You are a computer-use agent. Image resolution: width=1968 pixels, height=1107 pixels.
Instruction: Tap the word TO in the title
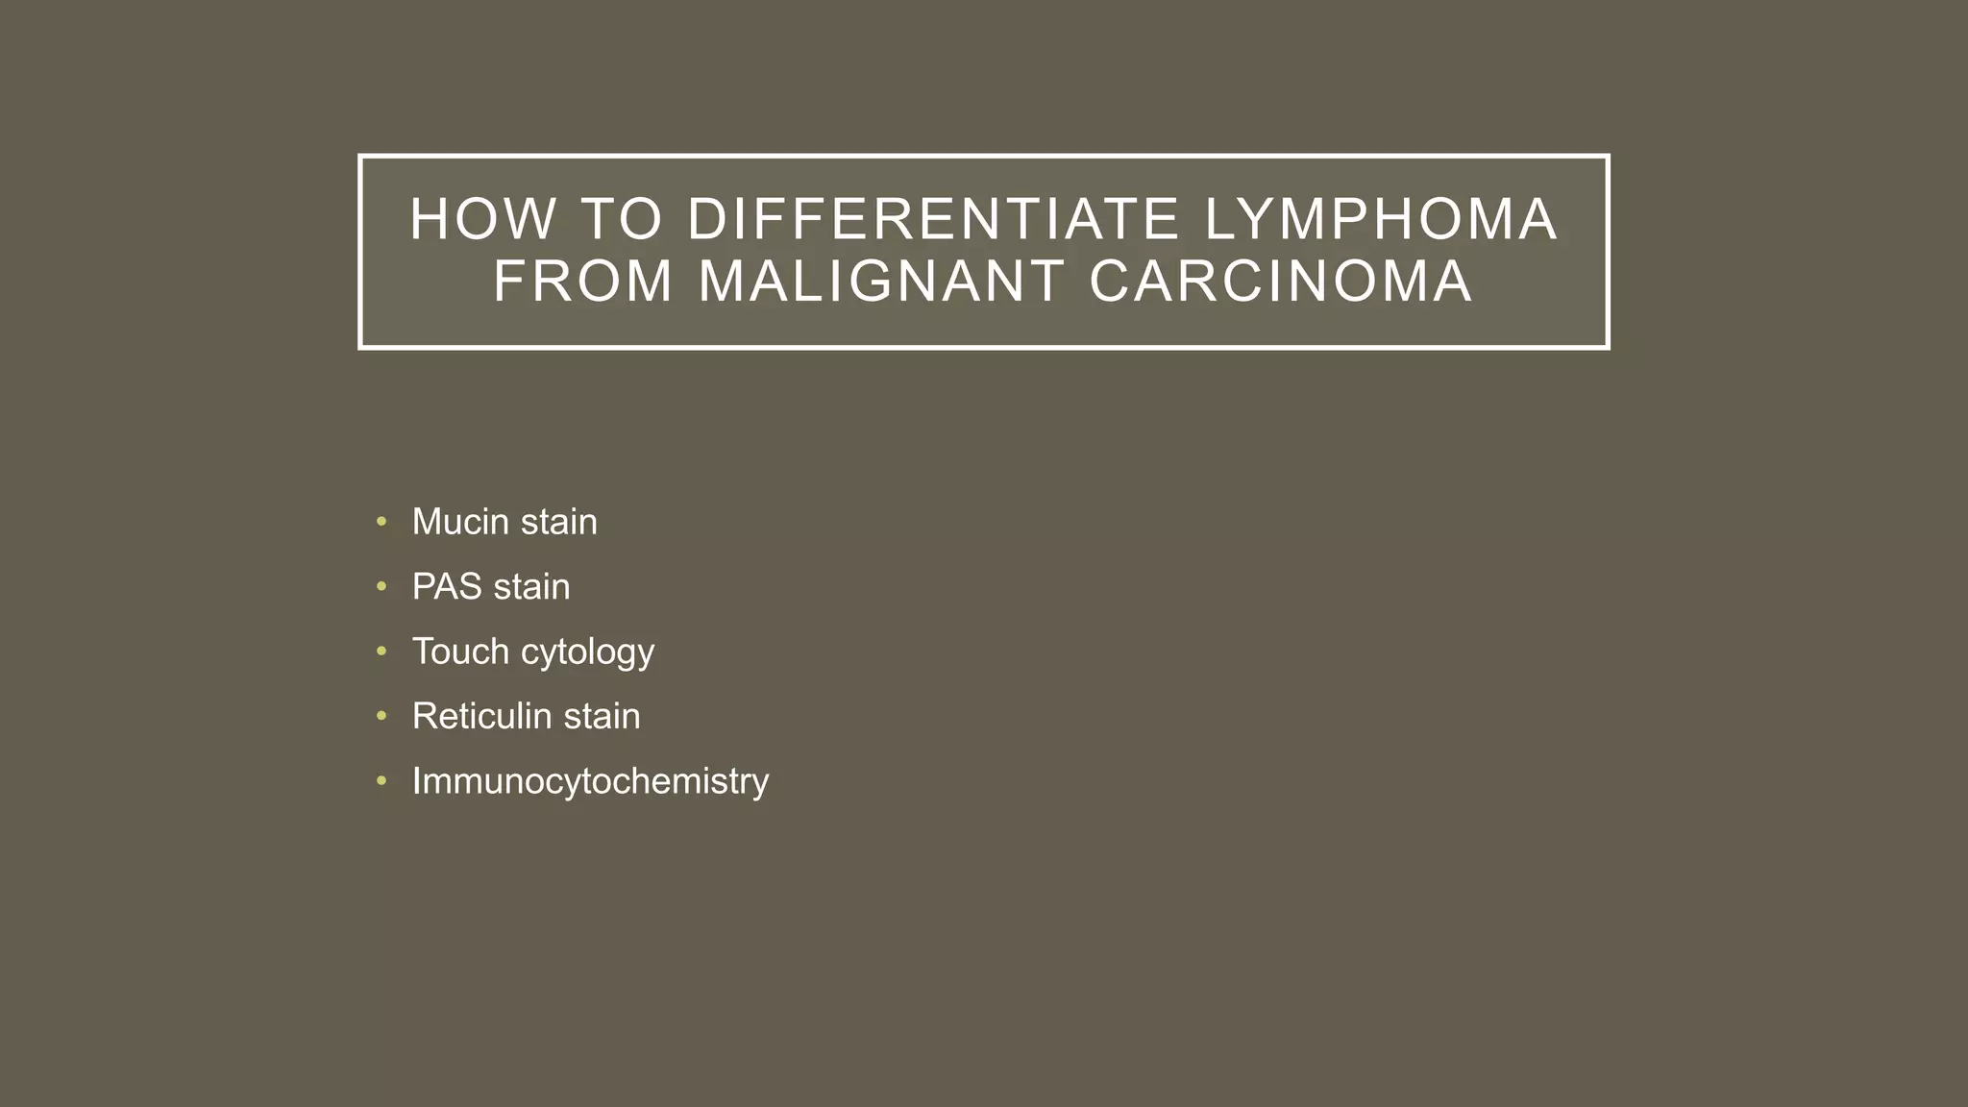click(623, 219)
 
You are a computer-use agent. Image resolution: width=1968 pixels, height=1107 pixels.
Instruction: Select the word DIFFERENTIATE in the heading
click(933, 219)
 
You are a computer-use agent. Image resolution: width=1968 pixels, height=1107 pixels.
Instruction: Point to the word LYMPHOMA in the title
click(1381, 219)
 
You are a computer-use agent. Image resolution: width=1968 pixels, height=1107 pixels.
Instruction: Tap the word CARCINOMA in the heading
click(1281, 282)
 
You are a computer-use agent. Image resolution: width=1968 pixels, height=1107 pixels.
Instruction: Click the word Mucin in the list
click(460, 522)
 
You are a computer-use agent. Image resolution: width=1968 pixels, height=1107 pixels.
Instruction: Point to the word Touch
click(460, 652)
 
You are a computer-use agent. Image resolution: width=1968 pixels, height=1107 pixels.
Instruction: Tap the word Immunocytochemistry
click(590, 781)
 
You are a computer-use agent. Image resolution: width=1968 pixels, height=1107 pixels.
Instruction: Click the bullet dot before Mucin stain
click(381, 522)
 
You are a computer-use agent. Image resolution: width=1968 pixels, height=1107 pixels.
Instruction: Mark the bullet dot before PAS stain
click(381, 586)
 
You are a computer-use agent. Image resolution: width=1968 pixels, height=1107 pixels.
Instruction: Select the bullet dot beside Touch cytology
click(381, 652)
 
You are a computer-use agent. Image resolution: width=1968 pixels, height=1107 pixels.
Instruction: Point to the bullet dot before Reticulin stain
click(381, 716)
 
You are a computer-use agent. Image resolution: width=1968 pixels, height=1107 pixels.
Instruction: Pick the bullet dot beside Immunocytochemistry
click(381, 780)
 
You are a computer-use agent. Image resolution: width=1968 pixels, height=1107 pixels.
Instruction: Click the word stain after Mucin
click(559, 522)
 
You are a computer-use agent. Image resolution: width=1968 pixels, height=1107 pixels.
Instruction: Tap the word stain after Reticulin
click(602, 716)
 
